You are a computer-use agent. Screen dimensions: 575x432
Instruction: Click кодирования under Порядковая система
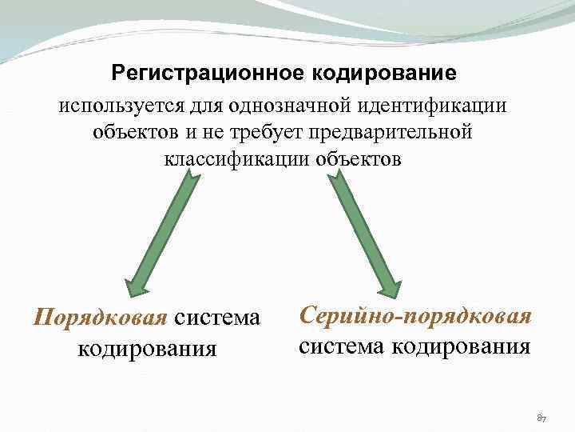pyautogui.click(x=147, y=348)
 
